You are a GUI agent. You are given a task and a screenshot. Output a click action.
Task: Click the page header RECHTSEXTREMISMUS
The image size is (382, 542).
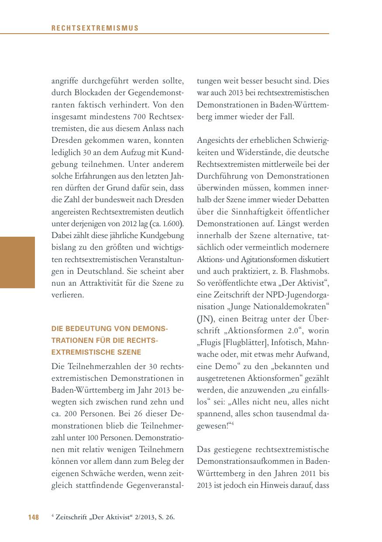[95, 28]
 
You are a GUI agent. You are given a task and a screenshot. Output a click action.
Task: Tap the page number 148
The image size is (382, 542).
[34, 518]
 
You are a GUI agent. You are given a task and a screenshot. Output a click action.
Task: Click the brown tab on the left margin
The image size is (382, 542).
[17, 262]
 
